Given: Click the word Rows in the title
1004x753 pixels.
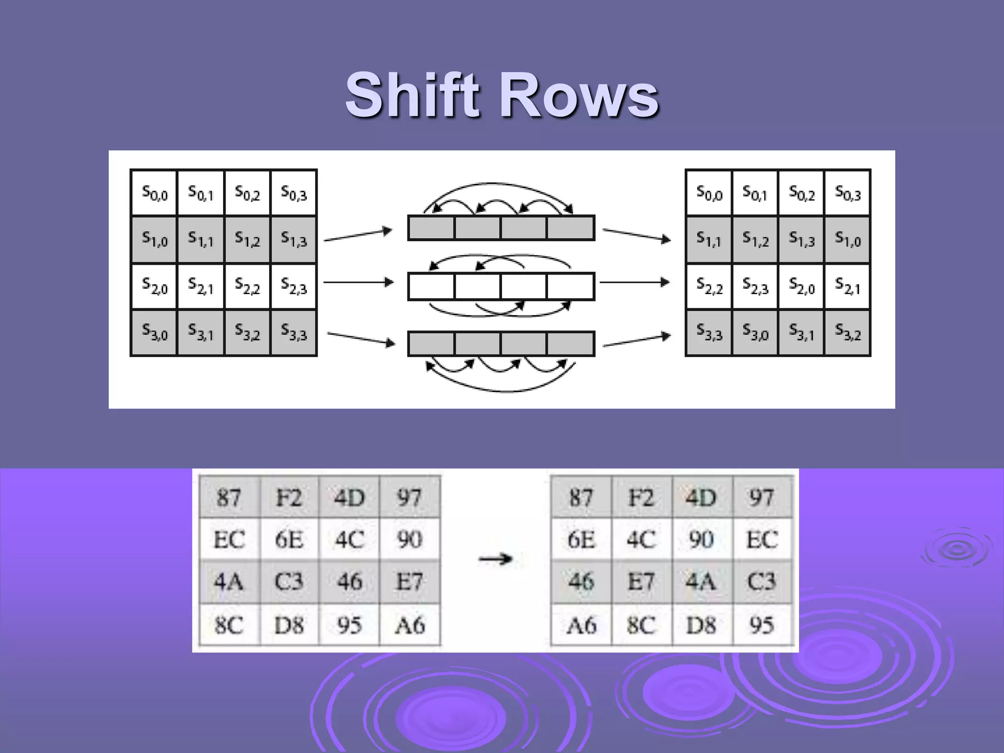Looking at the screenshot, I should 578,96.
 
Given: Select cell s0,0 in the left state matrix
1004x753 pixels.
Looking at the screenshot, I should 154,193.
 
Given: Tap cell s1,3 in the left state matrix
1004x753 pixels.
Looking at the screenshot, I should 293,239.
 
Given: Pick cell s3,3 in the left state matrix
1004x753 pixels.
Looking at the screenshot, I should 293,332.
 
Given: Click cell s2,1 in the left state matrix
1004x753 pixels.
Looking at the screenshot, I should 201,286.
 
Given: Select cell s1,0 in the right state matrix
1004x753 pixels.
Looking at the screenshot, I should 848,239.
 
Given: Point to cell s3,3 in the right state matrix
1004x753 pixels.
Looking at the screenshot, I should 709,332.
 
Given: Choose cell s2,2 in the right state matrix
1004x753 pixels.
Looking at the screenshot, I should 709,286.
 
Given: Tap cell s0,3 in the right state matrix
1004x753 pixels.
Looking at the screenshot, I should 848,193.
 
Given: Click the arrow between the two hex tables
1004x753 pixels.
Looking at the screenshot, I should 495,559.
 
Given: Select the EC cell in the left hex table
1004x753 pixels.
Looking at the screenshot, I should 229,539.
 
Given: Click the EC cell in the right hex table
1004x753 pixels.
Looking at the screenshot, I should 762,539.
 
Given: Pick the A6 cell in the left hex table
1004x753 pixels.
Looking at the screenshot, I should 410,625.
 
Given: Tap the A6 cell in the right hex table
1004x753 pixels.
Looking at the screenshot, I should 581,625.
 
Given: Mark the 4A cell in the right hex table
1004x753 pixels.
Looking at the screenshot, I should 701,582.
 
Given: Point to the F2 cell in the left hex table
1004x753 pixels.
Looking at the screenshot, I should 289,498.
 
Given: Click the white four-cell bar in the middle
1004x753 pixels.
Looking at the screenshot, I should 501,286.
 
